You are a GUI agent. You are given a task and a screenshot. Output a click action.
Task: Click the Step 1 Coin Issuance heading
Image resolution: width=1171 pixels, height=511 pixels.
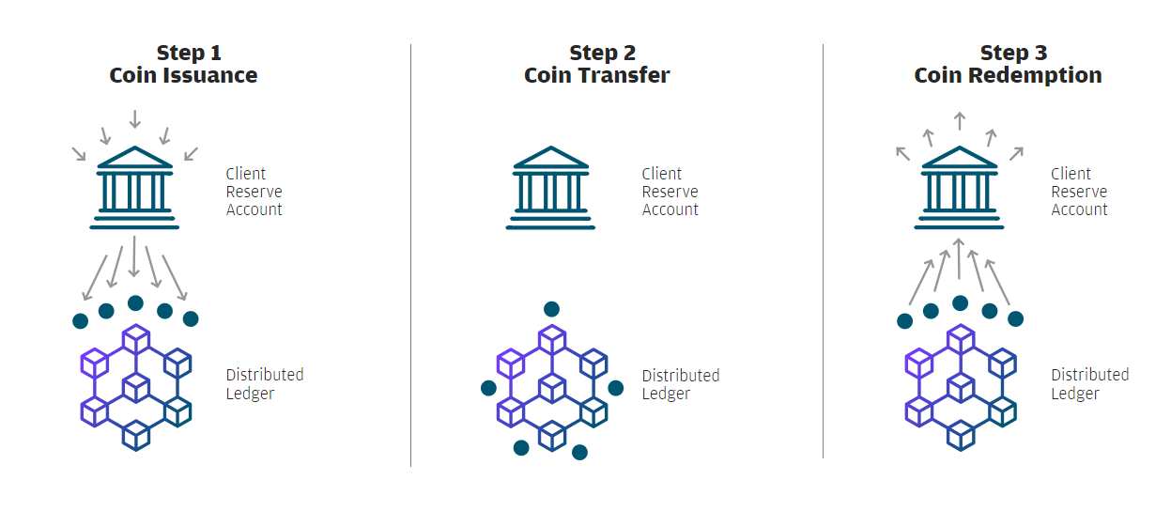[x=183, y=64]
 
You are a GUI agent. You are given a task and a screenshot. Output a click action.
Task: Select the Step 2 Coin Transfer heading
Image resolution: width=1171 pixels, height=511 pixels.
[x=596, y=64]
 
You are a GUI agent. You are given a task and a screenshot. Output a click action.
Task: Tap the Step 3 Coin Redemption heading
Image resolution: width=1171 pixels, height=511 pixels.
[x=1008, y=64]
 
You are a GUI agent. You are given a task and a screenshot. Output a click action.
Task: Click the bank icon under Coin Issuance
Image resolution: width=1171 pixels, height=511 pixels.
[x=135, y=188]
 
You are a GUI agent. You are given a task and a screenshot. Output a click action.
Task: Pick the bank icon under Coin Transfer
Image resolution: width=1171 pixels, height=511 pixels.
[x=550, y=188]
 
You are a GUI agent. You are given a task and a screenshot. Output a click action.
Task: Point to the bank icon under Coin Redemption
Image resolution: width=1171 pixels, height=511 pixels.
[x=959, y=188]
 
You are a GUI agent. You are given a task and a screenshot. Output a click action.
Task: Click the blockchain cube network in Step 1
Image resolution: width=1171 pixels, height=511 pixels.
[x=136, y=386]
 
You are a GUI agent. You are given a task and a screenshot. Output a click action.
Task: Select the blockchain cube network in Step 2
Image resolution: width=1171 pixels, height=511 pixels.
[x=551, y=386]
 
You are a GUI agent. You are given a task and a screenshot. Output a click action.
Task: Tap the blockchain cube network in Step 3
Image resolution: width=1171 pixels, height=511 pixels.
[x=961, y=386]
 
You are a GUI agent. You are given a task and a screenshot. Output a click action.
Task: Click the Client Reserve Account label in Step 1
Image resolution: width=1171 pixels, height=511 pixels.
[x=254, y=192]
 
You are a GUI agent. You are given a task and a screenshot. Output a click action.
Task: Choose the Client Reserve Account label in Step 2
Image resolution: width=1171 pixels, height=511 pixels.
[x=670, y=192]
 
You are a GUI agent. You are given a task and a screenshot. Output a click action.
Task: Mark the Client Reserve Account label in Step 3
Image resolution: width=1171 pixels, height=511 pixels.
[x=1079, y=192]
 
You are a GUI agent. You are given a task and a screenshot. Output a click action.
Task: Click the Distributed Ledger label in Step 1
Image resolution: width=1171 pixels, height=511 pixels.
[x=264, y=383]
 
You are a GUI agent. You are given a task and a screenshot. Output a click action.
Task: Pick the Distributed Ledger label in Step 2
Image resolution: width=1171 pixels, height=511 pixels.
[x=680, y=384]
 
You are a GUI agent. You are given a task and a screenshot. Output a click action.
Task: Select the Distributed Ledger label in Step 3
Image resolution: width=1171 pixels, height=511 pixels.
[x=1089, y=383]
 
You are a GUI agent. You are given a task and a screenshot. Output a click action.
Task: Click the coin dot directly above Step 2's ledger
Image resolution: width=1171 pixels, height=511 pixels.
[x=551, y=309]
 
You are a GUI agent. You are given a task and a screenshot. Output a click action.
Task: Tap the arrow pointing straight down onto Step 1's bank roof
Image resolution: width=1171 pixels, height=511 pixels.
[x=135, y=119]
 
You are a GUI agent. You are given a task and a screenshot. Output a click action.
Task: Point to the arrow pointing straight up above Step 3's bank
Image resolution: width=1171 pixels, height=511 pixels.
[x=959, y=120]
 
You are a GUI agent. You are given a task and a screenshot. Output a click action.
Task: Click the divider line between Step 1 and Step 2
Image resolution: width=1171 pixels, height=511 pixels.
[x=411, y=254]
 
